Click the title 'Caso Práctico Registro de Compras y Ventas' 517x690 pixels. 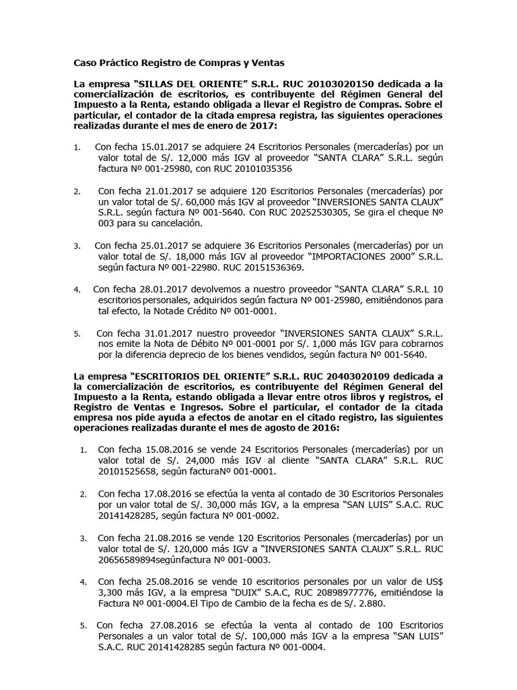point(179,63)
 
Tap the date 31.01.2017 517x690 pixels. point(161,334)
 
